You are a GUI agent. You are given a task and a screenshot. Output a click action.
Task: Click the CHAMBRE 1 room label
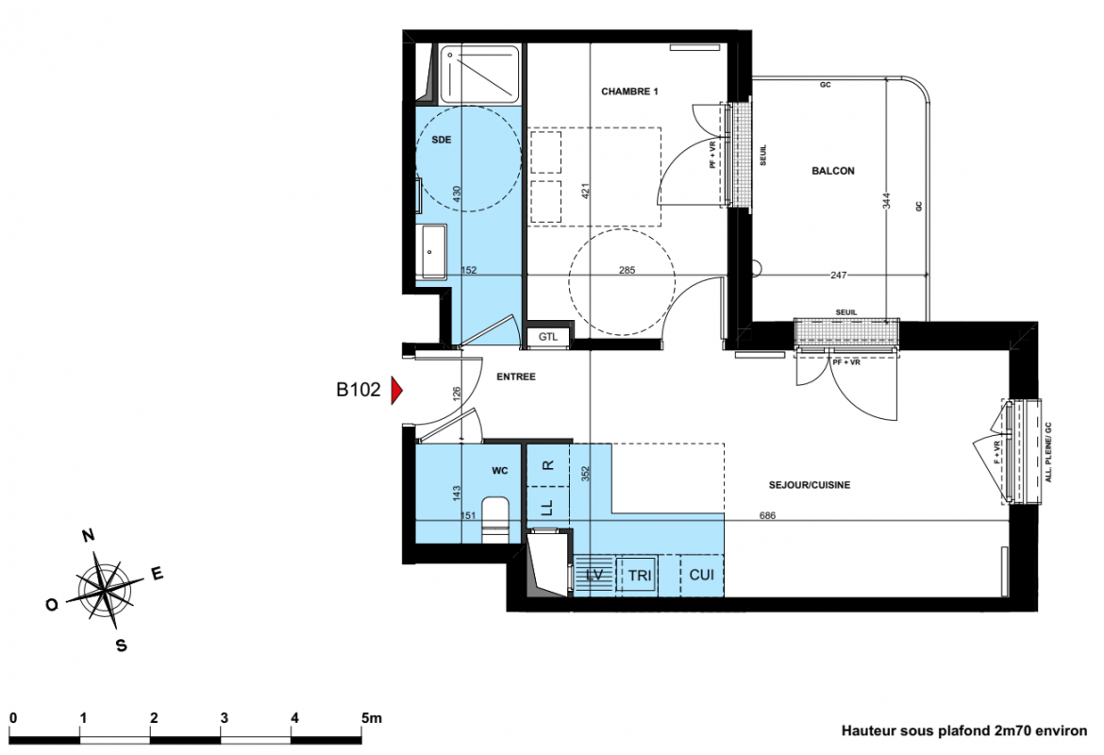tap(629, 92)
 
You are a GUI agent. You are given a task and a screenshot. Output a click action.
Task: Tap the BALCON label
tap(833, 171)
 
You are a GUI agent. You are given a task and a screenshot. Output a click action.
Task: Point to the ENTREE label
tap(516, 377)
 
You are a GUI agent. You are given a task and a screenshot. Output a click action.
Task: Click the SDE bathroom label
tap(442, 141)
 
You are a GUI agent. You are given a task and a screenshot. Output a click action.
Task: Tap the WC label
tap(500, 471)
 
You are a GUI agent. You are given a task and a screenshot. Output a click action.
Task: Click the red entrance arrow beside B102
tap(396, 391)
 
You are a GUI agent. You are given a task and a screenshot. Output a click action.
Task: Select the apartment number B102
tap(359, 390)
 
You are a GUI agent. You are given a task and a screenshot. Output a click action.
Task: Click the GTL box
tap(548, 337)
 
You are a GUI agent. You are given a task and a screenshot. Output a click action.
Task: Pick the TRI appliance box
tap(640, 576)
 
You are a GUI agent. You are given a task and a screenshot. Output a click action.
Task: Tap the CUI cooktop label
tap(701, 575)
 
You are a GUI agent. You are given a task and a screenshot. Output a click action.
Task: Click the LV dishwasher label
tap(594, 575)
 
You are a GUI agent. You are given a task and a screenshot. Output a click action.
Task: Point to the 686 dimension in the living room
tap(767, 515)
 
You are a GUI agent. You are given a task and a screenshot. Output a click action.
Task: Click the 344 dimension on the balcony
tap(887, 201)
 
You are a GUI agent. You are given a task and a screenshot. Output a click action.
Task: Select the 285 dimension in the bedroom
tap(627, 270)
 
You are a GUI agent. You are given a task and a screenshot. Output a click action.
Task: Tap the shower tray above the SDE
tap(481, 74)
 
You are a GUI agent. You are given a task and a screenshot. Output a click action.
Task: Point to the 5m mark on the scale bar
tap(371, 718)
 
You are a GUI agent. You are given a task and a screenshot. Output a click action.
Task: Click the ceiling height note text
tap(964, 731)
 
